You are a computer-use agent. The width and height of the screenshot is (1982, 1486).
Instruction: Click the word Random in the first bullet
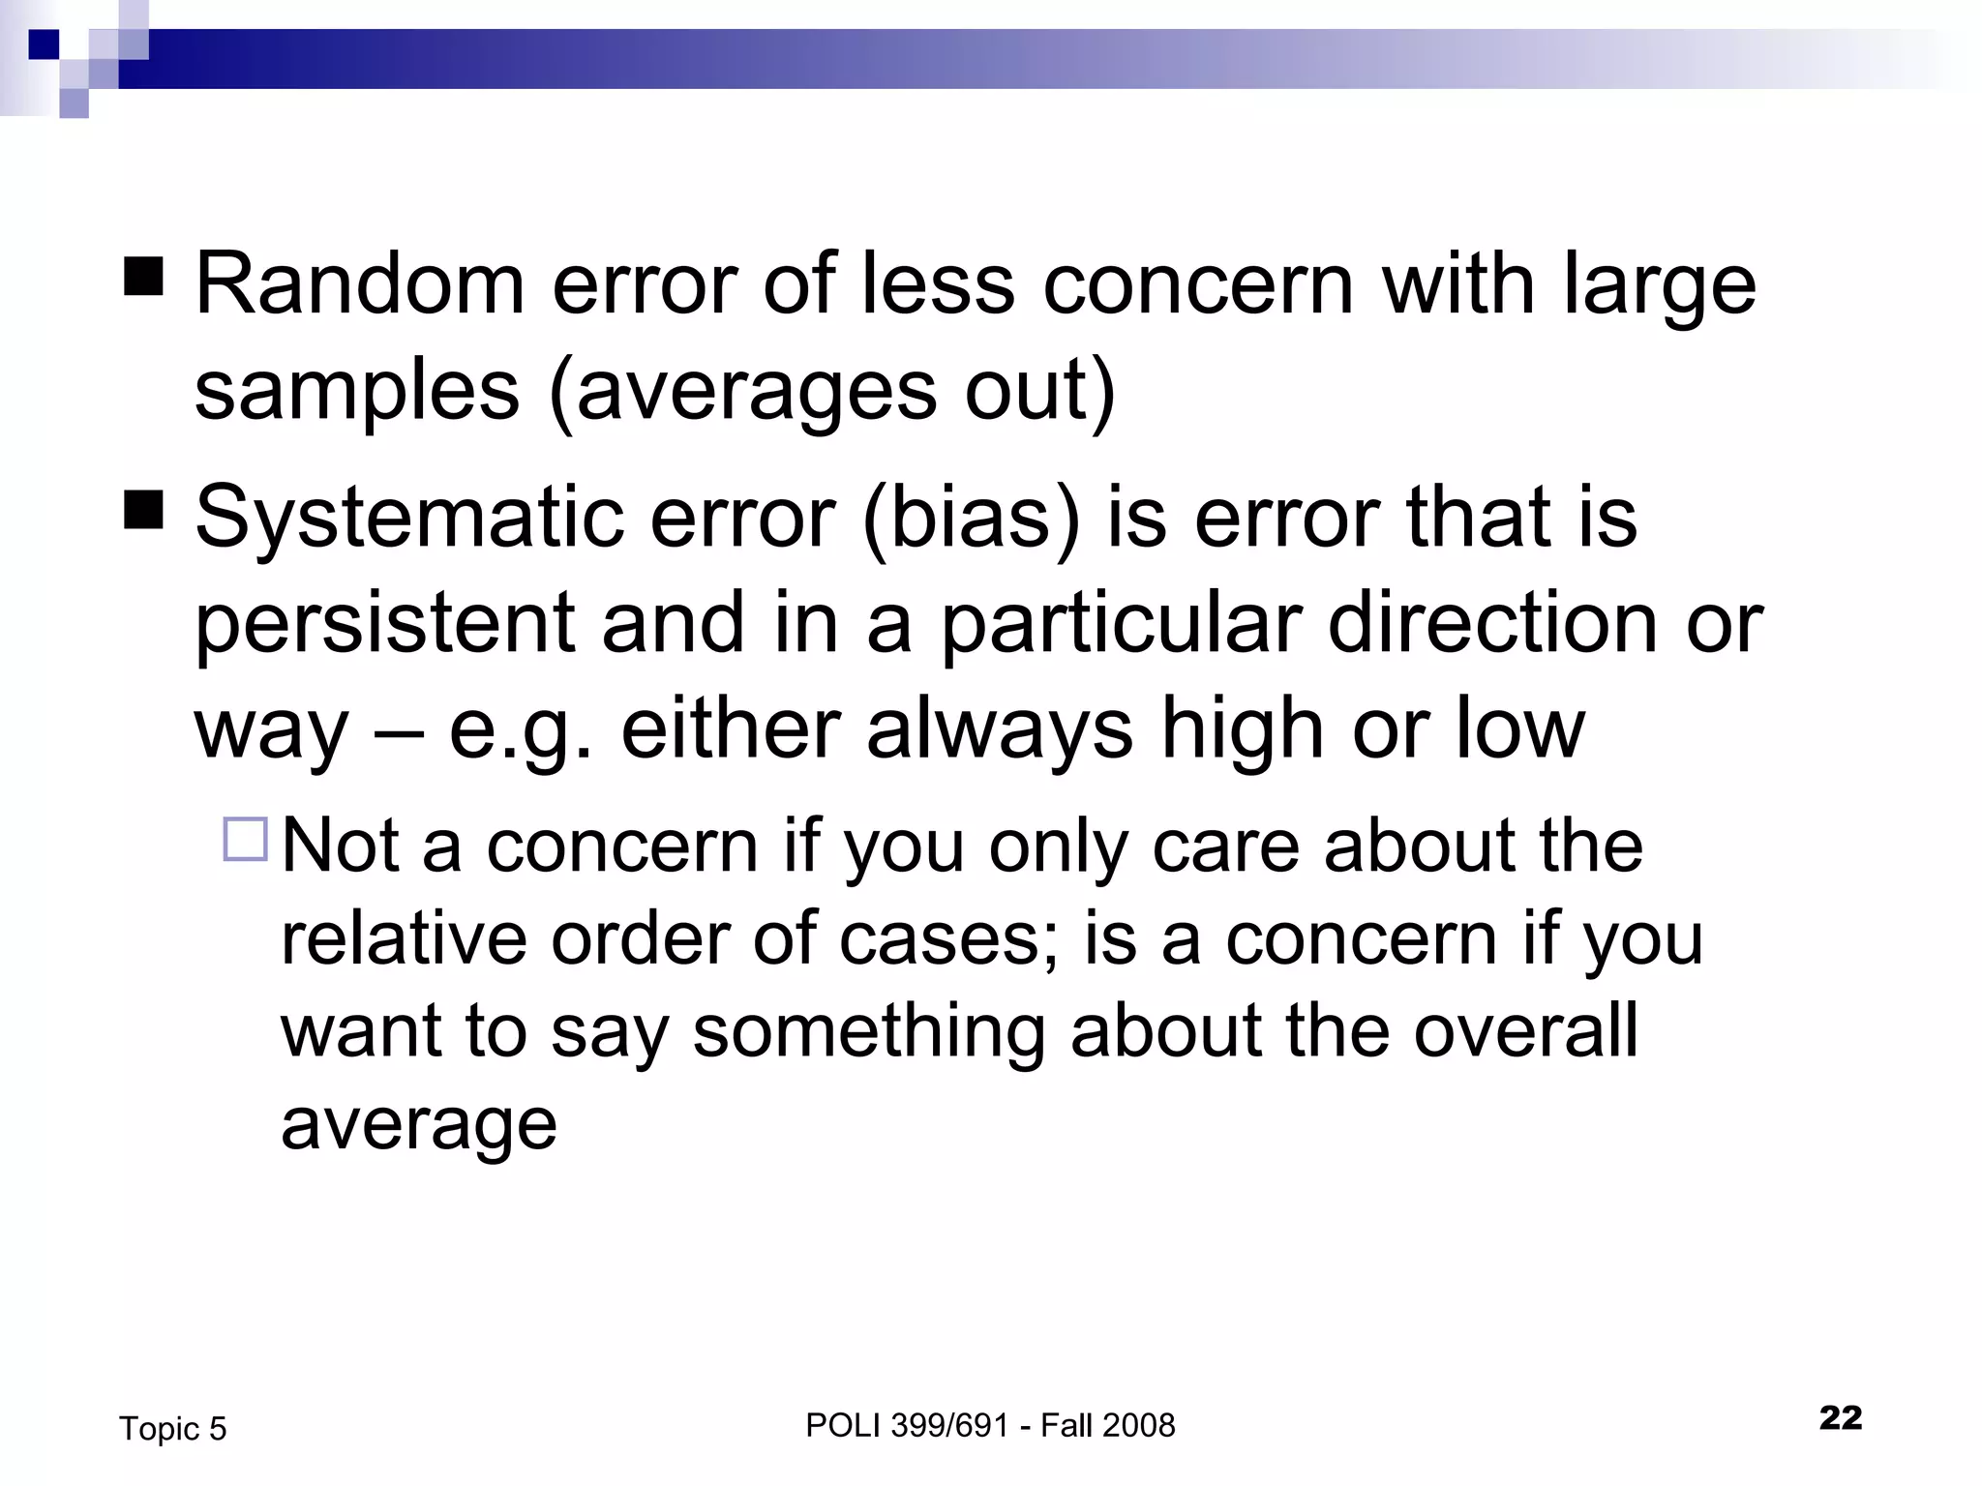click(x=359, y=284)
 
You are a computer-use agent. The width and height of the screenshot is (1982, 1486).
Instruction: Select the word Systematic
click(x=407, y=518)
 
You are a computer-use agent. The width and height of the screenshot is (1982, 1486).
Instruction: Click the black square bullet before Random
click(x=144, y=277)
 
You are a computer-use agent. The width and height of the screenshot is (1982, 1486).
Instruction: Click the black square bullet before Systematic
click(x=144, y=510)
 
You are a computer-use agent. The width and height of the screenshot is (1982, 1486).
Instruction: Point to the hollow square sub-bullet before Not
click(x=245, y=839)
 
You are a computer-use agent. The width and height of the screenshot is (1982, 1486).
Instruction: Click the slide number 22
click(x=1840, y=1418)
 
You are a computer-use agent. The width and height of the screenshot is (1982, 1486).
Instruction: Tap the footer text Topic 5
click(x=172, y=1429)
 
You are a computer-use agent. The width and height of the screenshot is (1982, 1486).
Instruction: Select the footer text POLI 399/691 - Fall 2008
click(x=989, y=1425)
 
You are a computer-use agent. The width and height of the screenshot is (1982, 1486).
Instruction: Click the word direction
click(x=1491, y=623)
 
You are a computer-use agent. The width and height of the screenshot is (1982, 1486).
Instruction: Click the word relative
click(x=403, y=938)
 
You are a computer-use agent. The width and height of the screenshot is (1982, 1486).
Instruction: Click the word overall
click(x=1526, y=1031)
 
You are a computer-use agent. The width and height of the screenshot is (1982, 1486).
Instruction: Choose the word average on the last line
click(x=418, y=1125)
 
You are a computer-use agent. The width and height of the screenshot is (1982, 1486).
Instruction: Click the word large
click(x=1659, y=286)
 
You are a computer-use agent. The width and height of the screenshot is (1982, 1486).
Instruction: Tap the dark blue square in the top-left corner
click(x=44, y=45)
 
